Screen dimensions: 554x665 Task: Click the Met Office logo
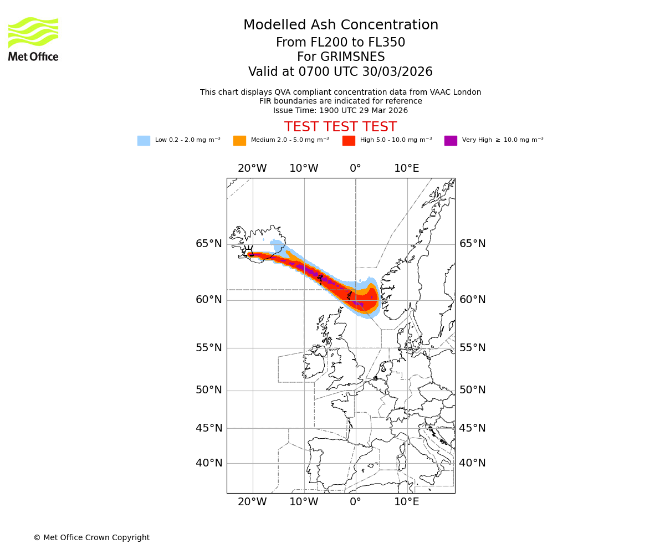click(x=33, y=39)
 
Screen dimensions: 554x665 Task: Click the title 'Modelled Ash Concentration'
click(x=340, y=25)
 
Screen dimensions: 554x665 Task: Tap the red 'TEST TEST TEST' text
click(x=340, y=127)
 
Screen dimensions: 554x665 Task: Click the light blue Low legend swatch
click(x=144, y=141)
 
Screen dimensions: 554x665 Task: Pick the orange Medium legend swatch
click(x=239, y=141)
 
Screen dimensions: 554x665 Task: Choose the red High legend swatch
click(x=349, y=141)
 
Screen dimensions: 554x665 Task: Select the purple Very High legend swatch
click(x=451, y=141)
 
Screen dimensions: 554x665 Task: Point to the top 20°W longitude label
click(x=252, y=168)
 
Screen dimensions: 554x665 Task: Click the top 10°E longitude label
click(x=406, y=168)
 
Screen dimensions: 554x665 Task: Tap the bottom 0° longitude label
click(x=355, y=502)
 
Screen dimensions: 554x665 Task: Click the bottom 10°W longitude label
click(x=304, y=502)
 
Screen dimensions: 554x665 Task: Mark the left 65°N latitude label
click(x=208, y=244)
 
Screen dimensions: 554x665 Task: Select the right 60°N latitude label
click(x=472, y=300)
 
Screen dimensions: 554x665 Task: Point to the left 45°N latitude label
click(x=208, y=428)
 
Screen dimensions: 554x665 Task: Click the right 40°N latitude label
click(x=472, y=463)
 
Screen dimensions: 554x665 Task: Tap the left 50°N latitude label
click(x=208, y=390)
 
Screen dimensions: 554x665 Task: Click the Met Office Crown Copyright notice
click(x=91, y=537)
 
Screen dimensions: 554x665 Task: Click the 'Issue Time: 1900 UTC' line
click(x=340, y=110)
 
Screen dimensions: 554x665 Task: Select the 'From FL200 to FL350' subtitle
click(x=340, y=43)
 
